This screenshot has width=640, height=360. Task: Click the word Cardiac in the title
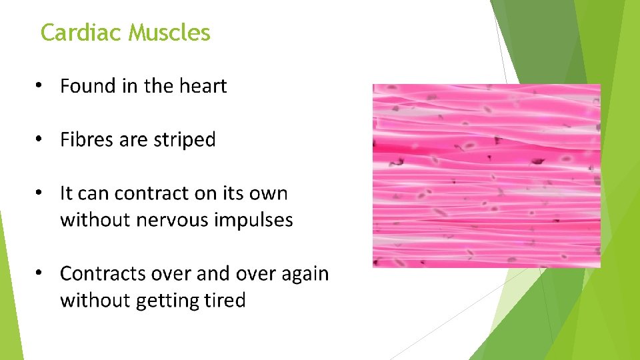pos(81,32)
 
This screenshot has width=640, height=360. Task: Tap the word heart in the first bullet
pos(203,86)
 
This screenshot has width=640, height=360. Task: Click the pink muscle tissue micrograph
pos(486,175)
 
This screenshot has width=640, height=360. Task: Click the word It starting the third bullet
pos(66,193)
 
